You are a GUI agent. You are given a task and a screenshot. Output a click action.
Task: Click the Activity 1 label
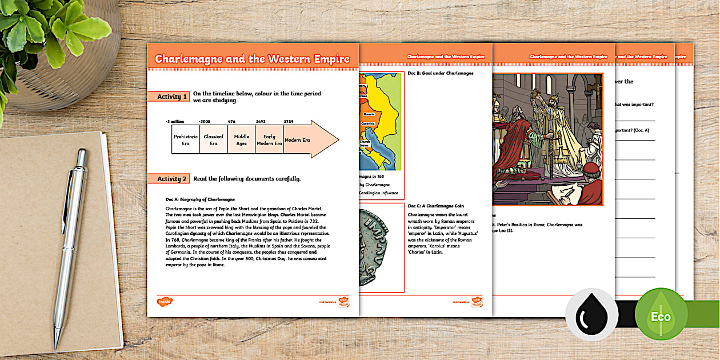(172, 97)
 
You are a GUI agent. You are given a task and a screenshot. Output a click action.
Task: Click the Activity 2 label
(172, 179)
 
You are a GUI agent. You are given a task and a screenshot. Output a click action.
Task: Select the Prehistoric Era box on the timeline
(185, 140)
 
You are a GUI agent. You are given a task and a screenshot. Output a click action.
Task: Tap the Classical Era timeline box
(213, 140)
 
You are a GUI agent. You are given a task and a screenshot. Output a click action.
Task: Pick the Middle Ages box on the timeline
(241, 140)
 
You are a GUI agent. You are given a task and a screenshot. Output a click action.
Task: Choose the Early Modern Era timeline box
(269, 140)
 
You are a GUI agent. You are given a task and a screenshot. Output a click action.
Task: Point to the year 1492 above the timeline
(260, 121)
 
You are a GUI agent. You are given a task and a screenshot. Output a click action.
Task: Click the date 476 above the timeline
(232, 121)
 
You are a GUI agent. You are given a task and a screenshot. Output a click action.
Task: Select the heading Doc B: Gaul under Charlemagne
(433, 73)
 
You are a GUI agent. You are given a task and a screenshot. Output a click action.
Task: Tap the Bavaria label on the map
(367, 114)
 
